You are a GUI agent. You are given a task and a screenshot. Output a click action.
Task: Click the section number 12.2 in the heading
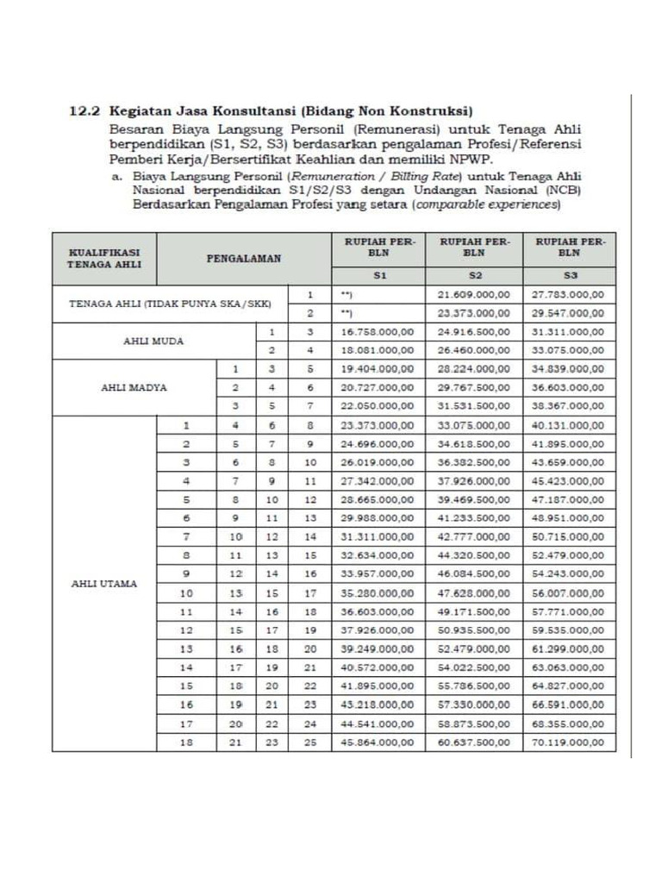tap(84, 111)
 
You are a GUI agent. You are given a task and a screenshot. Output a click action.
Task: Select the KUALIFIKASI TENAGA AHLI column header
tap(104, 258)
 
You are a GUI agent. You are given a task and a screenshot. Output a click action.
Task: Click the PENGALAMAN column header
tap(243, 258)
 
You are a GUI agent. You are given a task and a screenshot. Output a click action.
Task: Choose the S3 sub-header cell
tap(570, 276)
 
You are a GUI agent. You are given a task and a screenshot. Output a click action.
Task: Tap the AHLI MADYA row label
tap(134, 387)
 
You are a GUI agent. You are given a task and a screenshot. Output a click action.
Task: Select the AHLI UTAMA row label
tap(103, 583)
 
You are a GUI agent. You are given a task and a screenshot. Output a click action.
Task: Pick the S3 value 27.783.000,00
tap(570, 295)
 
